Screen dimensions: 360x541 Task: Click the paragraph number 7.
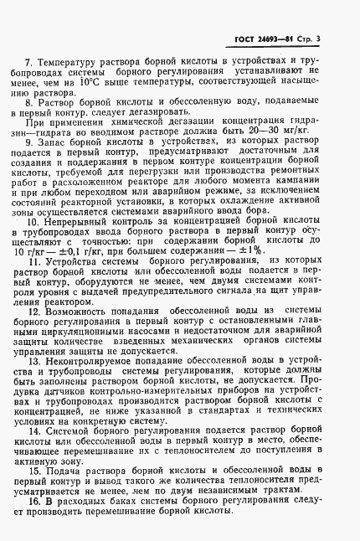click(28, 63)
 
